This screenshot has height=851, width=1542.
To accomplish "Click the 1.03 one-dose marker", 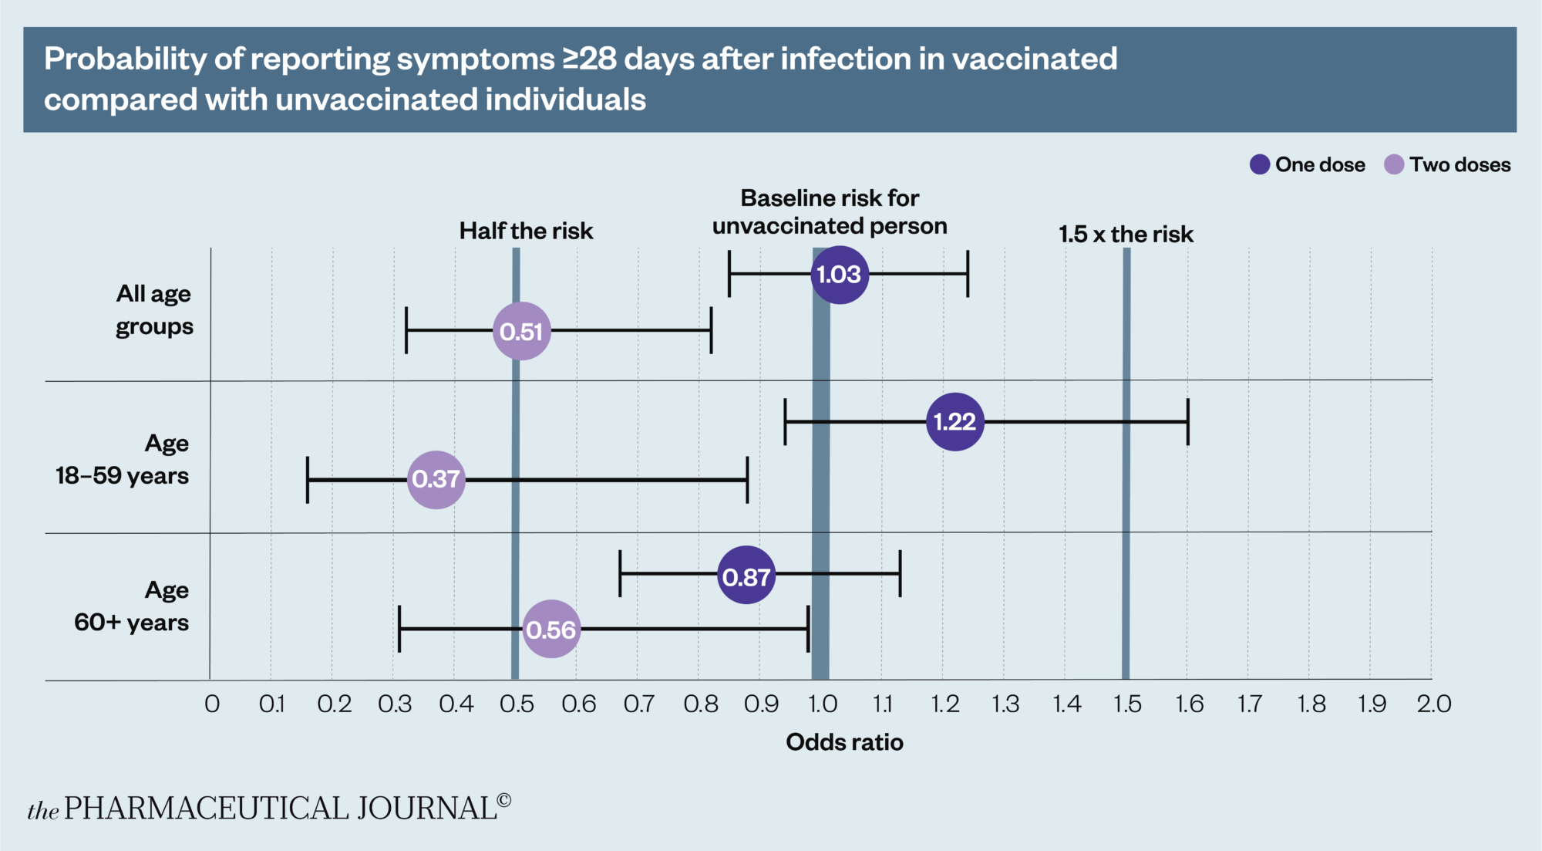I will coord(840,275).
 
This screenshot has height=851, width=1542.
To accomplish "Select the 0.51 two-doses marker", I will coord(522,331).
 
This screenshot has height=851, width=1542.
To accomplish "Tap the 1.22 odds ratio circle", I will coord(955,421).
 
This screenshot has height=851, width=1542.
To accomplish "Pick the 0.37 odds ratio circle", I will coord(436,479).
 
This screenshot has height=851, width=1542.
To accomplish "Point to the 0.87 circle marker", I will coord(746,576).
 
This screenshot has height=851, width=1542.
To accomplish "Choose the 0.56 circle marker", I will coord(551,630).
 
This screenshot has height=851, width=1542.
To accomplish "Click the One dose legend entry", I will coord(1308,164).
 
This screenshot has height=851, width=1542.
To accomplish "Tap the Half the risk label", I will coord(526,231).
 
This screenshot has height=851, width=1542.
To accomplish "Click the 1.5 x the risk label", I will coord(1126,234).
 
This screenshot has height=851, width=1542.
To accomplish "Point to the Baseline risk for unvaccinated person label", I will coord(830,212).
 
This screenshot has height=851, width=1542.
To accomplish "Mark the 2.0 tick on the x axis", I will coord(1433,704).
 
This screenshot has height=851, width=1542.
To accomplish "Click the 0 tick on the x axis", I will coord(212,704).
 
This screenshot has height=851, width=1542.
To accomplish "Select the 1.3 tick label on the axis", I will coord(1005,704).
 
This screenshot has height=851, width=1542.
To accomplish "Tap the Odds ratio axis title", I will coord(844,742).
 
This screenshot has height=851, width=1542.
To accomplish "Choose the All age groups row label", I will coord(154,310).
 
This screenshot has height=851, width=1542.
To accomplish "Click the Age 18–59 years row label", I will coord(123,460).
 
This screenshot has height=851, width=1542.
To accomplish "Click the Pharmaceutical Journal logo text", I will coord(269,808).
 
